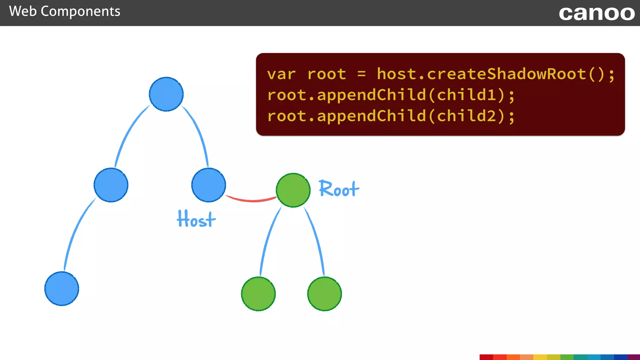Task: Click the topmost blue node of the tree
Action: click(166, 94)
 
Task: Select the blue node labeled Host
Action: click(208, 185)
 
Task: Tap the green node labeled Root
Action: click(293, 190)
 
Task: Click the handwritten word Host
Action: click(196, 219)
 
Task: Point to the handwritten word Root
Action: click(339, 189)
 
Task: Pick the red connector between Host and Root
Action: click(251, 200)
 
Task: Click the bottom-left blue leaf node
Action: click(62, 288)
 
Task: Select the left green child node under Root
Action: click(258, 294)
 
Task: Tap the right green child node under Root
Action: click(324, 294)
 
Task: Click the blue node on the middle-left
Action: click(111, 185)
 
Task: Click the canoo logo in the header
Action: click(597, 13)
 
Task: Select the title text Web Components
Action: click(65, 12)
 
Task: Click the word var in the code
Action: click(281, 74)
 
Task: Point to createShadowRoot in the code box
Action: click(507, 74)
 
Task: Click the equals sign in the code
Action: click(362, 74)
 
